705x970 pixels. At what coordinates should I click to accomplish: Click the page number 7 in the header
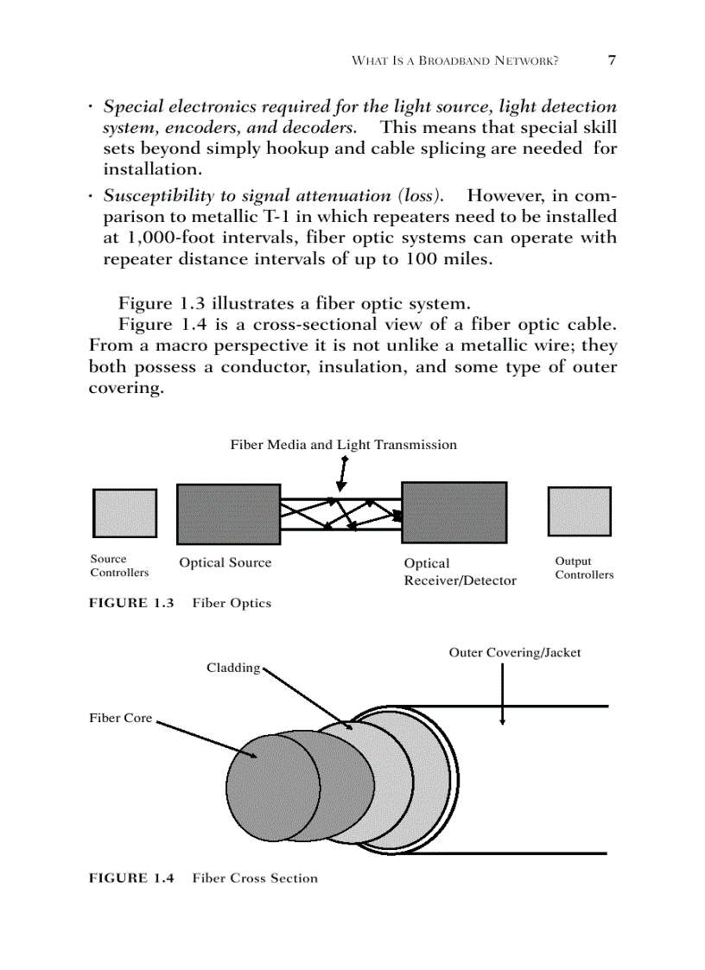coord(612,60)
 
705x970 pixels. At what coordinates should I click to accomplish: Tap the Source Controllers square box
coord(124,513)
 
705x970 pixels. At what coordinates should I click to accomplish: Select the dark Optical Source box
coord(228,514)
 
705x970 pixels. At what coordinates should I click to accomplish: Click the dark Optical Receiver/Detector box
coord(454,513)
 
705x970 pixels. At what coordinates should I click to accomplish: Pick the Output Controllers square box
coord(579,511)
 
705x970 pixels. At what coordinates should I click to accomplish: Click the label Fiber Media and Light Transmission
coord(343,445)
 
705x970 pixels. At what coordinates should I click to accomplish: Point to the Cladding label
coord(232,668)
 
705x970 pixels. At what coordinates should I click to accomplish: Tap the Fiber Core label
coord(120,718)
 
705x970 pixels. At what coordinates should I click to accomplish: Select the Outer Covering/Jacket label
coord(514,653)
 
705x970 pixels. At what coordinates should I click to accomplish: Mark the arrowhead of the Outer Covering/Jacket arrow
coord(502,721)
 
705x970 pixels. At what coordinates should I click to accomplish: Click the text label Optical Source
coord(225,563)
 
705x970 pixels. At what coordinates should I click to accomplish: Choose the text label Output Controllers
coord(584,568)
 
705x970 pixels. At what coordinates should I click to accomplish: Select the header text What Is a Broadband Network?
coord(454,61)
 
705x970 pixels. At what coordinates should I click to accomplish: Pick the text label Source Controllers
coord(119,566)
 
